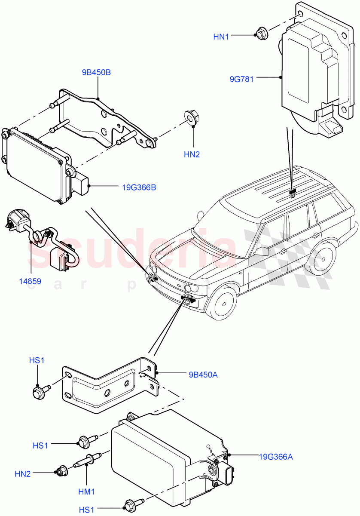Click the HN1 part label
click(221, 37)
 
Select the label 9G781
click(241, 79)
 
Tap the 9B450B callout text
click(96, 72)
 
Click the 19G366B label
click(138, 187)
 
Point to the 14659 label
click(30, 282)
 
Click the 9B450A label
click(203, 375)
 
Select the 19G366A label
click(275, 457)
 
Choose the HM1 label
click(87, 491)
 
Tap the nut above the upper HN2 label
click(192, 117)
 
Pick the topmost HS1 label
click(37, 360)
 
